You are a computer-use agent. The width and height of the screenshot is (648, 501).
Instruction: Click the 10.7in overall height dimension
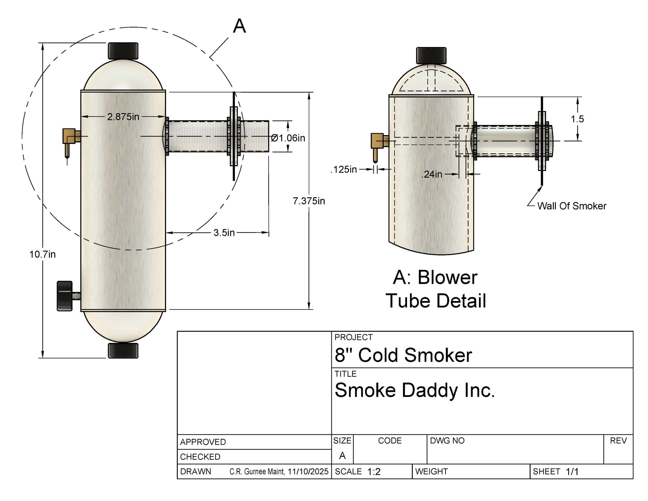(x=43, y=254)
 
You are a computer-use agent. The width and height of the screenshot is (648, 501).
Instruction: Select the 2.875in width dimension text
(x=123, y=117)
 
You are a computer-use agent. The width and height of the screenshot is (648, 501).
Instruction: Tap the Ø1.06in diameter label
(x=288, y=138)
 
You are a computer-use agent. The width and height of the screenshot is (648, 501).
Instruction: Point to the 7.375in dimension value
(x=309, y=201)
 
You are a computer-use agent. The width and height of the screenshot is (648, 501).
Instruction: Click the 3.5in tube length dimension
(x=224, y=233)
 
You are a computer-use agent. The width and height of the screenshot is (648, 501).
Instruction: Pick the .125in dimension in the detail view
(x=344, y=169)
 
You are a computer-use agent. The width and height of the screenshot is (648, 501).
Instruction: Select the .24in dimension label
(x=432, y=174)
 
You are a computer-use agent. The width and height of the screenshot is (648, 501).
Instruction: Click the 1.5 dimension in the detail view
(x=577, y=119)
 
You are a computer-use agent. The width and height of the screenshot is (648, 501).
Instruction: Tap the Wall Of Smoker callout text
(x=572, y=206)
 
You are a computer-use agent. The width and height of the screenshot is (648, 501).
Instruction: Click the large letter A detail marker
(x=239, y=26)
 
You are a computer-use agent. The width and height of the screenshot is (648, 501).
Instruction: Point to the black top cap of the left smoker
(x=123, y=51)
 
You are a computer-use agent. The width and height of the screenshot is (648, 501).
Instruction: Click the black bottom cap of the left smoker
(x=123, y=350)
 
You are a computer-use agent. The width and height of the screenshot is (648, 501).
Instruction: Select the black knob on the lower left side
(x=65, y=295)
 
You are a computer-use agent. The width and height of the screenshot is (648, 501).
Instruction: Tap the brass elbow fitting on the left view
(x=70, y=139)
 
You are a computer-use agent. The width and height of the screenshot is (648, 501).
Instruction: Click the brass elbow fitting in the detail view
(x=378, y=143)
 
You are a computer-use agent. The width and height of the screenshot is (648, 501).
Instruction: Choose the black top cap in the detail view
(x=431, y=55)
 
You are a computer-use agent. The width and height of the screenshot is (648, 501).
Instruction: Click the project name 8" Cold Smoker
(x=403, y=355)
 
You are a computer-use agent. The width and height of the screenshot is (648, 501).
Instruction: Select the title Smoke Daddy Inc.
(x=414, y=390)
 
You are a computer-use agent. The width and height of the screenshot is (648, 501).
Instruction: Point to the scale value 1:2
(x=374, y=472)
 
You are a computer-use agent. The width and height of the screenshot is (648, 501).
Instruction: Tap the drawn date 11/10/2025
(x=308, y=472)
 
